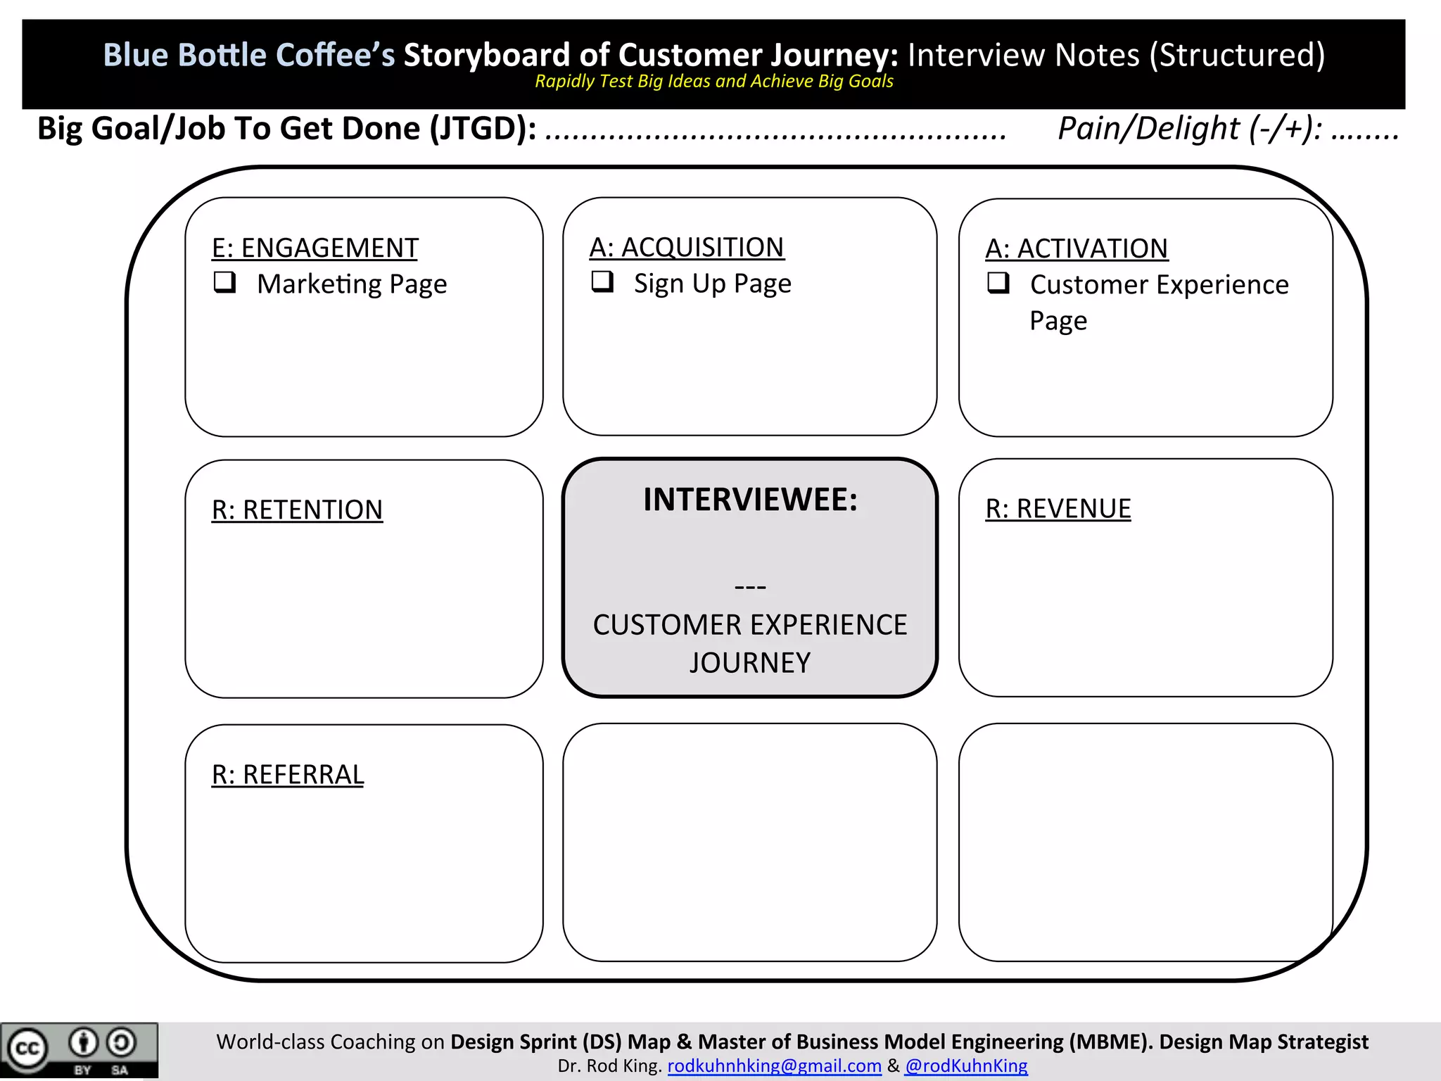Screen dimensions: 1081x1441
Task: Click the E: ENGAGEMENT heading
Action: (315, 248)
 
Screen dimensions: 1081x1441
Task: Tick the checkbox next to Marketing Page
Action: (224, 282)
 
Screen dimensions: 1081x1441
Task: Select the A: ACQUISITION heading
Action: (686, 248)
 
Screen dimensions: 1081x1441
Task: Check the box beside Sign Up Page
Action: (602, 282)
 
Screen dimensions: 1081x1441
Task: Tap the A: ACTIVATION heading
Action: (1076, 249)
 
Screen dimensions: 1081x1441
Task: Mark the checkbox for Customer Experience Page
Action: (998, 283)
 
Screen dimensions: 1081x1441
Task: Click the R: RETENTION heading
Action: (297, 510)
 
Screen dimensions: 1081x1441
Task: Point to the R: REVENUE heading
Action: (1058, 509)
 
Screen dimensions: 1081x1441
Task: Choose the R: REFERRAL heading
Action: (288, 775)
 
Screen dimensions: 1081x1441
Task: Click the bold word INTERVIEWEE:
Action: (750, 500)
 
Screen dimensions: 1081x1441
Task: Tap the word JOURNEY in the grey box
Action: (750, 663)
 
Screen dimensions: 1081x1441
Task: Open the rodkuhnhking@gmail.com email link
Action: (774, 1066)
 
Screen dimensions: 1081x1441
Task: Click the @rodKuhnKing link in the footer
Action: (966, 1066)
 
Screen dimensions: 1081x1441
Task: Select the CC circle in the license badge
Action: (27, 1049)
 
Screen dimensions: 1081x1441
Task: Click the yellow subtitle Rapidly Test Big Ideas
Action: (713, 82)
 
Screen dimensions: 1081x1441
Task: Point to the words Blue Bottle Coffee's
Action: (249, 55)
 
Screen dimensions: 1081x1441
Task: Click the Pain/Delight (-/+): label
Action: (1190, 129)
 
